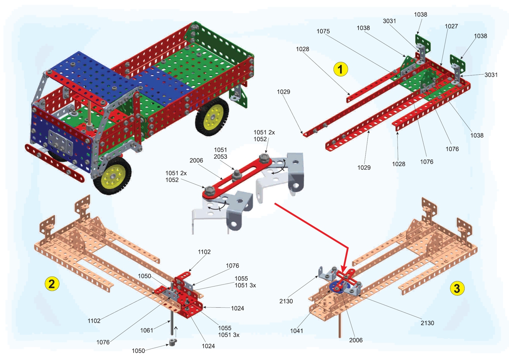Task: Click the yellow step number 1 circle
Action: click(x=341, y=69)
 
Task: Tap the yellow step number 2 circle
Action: click(x=52, y=284)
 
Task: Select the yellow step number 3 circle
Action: click(x=456, y=288)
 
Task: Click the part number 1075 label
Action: click(x=323, y=31)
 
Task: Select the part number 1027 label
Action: click(x=451, y=26)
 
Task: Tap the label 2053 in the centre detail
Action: click(x=221, y=157)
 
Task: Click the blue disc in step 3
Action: click(x=336, y=287)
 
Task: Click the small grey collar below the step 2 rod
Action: click(x=172, y=343)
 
